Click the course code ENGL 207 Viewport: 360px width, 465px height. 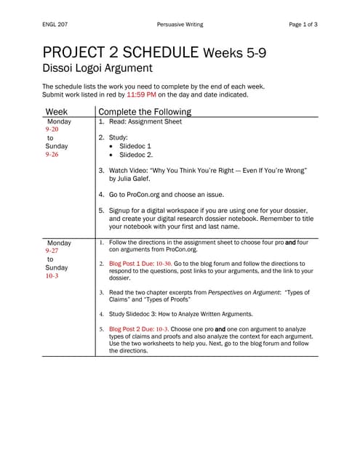(x=57, y=25)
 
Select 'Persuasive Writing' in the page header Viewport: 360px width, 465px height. (x=180, y=25)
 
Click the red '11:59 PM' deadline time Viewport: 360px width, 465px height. (x=141, y=94)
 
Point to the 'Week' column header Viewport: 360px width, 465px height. (x=57, y=112)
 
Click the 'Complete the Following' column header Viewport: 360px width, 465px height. (x=145, y=112)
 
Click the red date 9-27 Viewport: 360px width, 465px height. (x=52, y=251)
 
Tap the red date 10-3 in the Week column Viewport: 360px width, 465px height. (x=52, y=276)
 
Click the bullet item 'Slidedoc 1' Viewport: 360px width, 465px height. (x=136, y=146)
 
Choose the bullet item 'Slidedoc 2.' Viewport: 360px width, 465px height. (x=137, y=155)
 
